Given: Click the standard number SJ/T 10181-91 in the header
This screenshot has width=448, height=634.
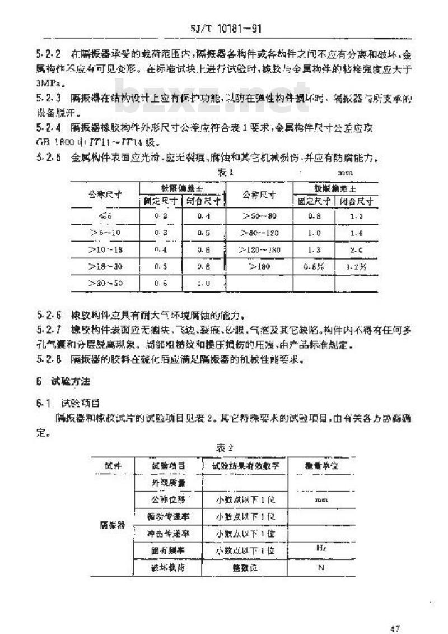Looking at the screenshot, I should [224, 29].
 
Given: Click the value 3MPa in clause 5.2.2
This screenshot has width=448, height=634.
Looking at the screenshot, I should [48, 84].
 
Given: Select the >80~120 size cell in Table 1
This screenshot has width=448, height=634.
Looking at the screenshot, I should [259, 232].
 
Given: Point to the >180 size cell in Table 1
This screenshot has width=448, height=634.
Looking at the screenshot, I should [259, 266].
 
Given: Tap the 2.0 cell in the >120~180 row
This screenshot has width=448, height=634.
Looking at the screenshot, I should [356, 249].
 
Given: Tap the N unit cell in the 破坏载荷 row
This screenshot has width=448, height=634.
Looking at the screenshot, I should [321, 568].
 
